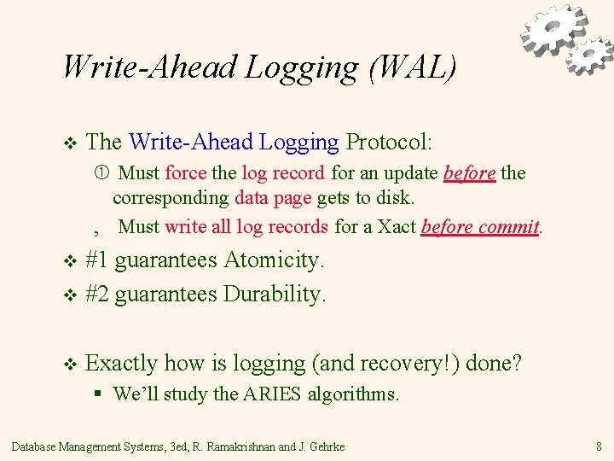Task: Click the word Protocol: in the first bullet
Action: click(389, 141)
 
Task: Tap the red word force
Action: click(185, 173)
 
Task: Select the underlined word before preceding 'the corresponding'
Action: click(469, 173)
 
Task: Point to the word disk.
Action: click(395, 199)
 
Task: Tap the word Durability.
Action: click(274, 295)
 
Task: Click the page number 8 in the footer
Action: click(600, 446)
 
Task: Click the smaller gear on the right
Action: click(590, 55)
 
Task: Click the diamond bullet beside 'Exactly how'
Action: click(71, 365)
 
